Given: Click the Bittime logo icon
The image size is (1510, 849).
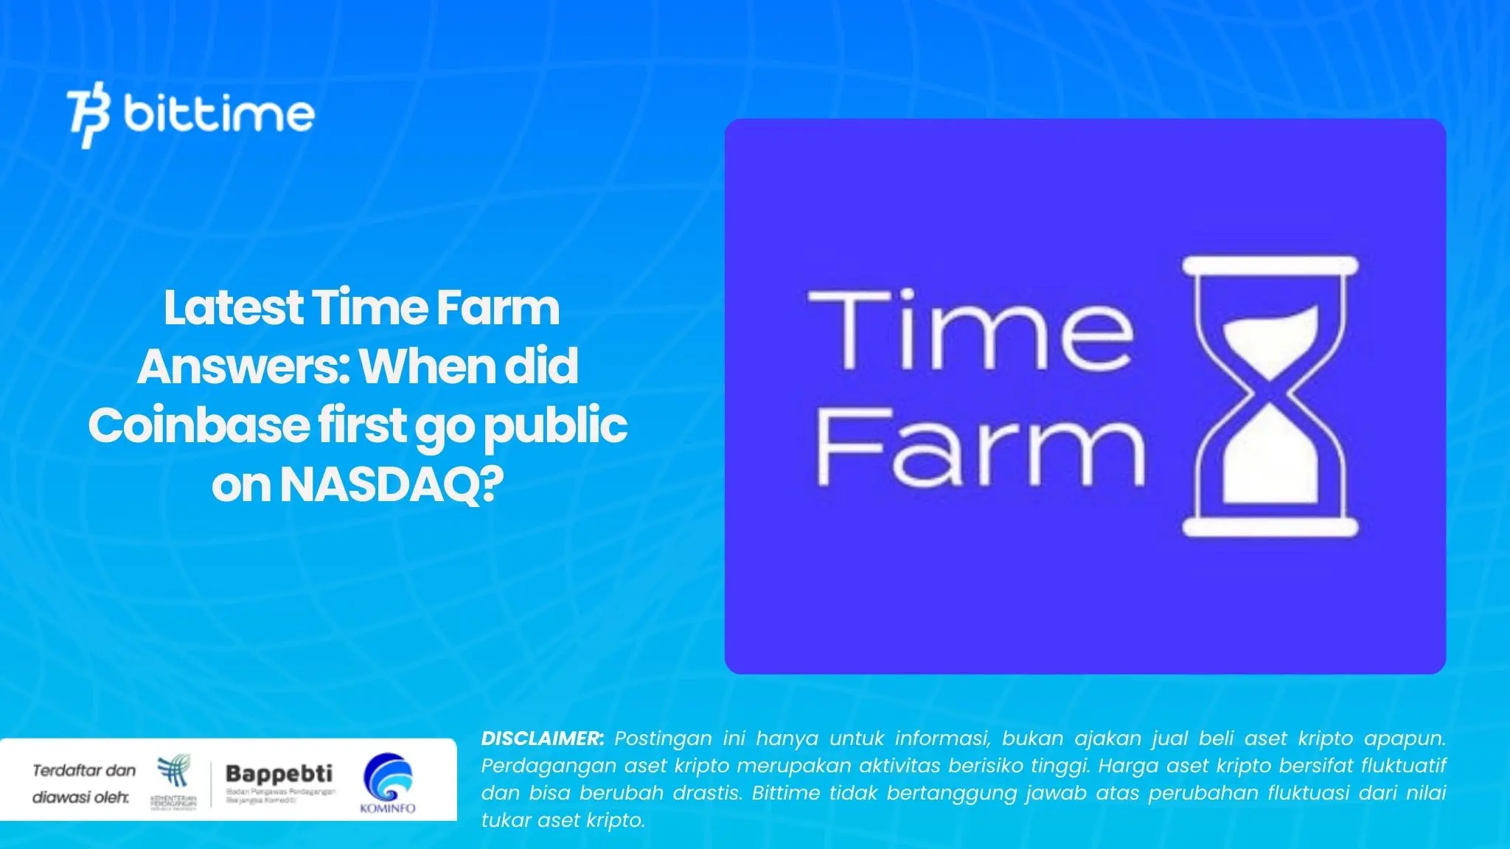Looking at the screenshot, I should [89, 116].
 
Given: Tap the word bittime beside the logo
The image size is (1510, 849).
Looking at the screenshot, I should [219, 114].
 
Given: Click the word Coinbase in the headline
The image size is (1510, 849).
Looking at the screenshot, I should [198, 426].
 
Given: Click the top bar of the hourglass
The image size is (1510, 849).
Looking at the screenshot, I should [1270, 266].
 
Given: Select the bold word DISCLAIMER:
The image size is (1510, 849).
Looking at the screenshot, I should [543, 738].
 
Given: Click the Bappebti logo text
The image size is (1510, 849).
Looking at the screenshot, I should [279, 773].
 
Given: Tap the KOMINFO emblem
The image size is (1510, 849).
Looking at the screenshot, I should [388, 779].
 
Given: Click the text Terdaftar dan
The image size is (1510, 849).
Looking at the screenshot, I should [84, 771].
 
